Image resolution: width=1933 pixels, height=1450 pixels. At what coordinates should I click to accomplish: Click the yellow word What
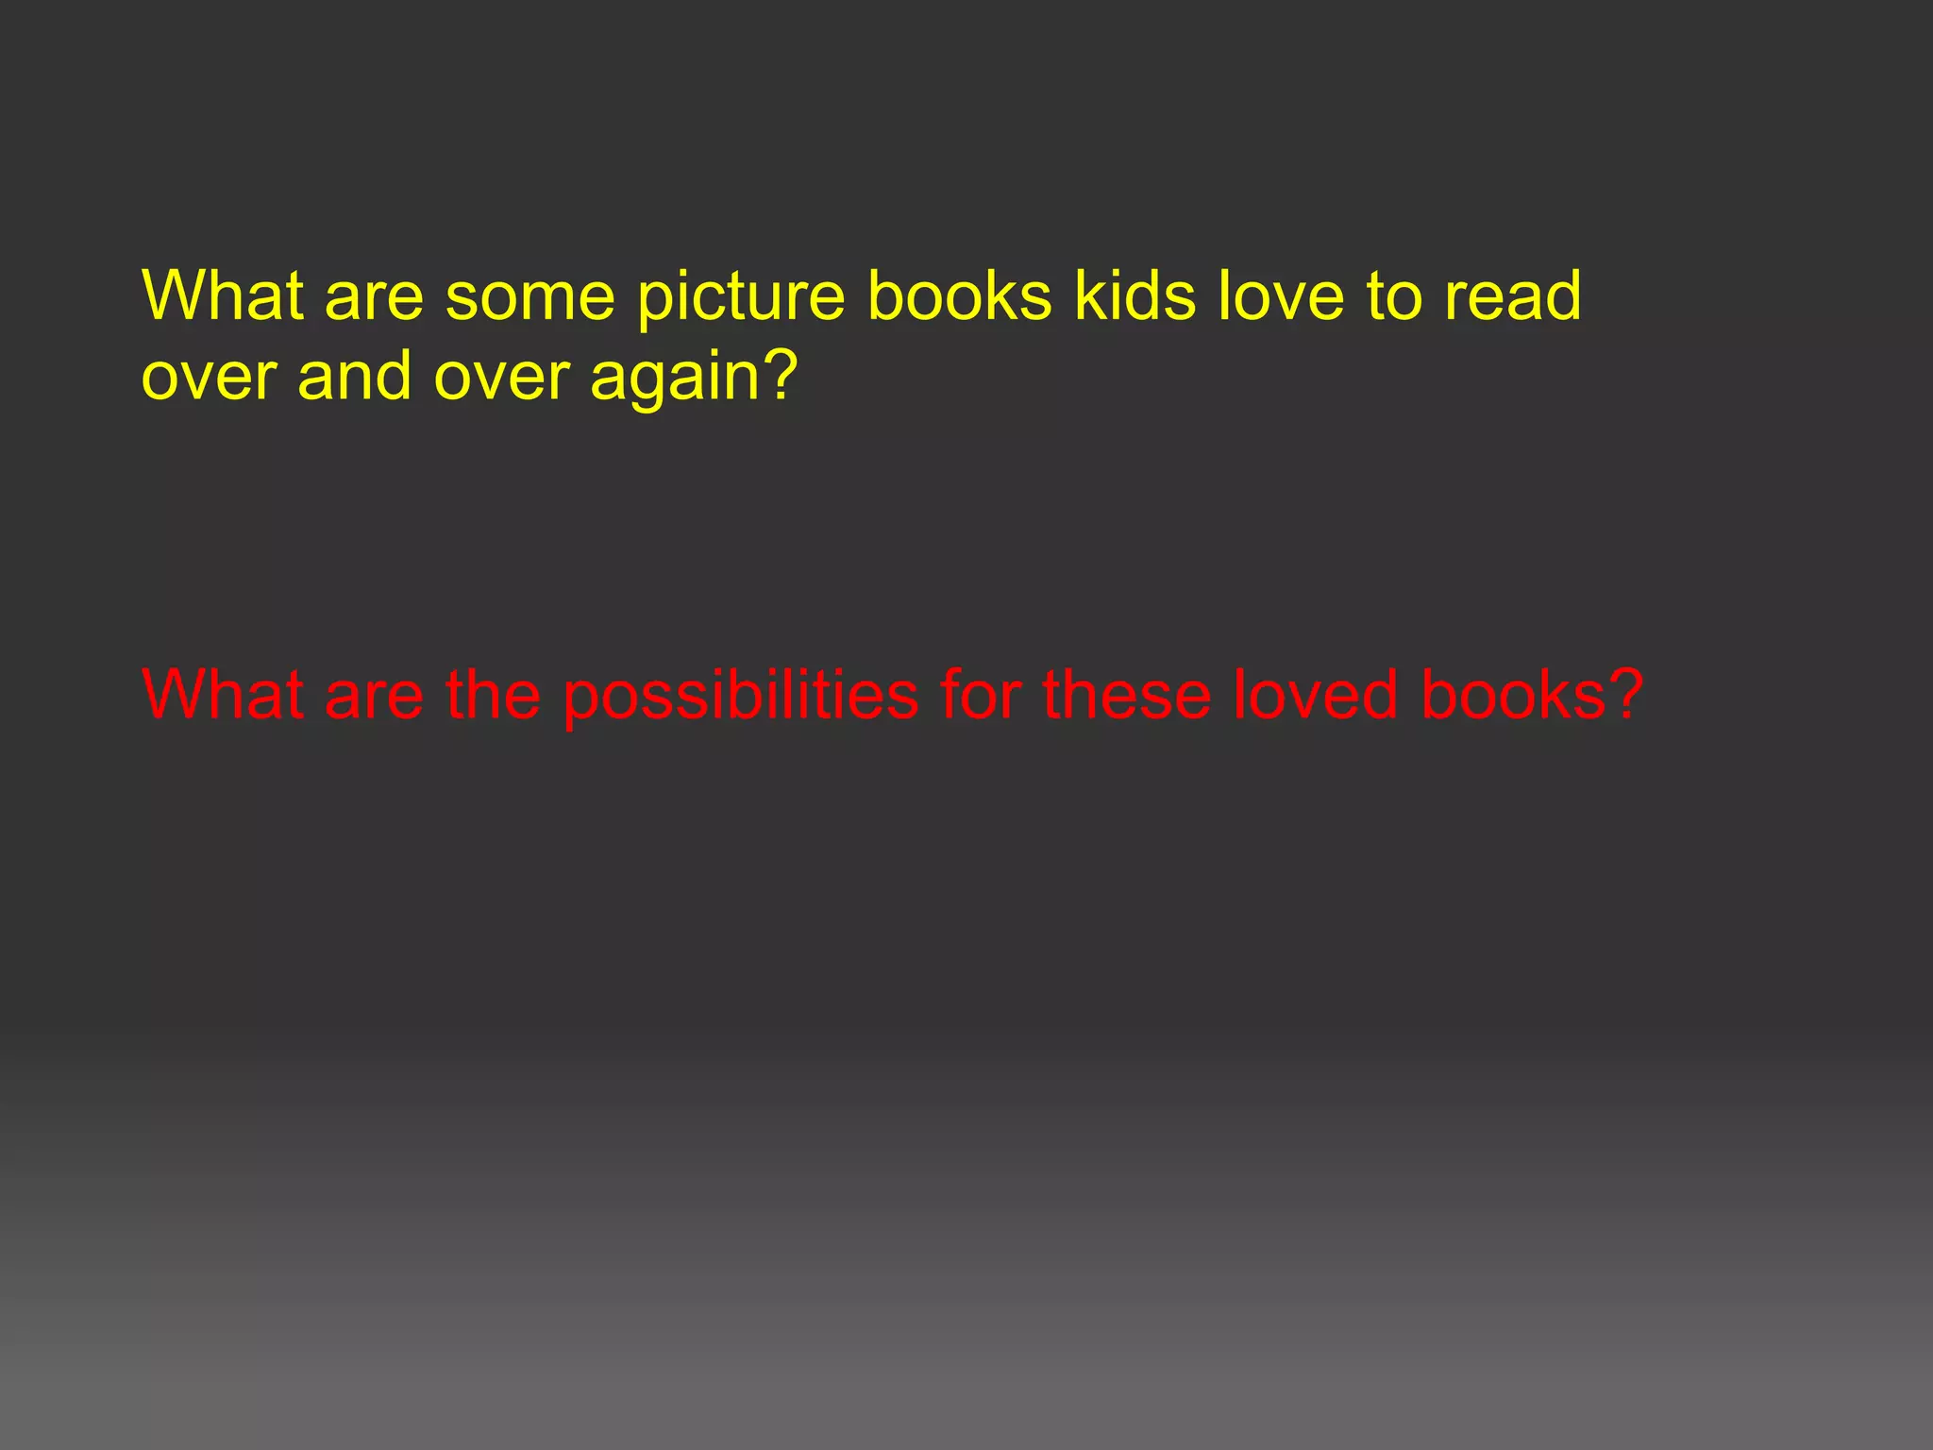(x=223, y=295)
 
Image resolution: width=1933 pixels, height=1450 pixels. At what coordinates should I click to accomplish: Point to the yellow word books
(x=959, y=295)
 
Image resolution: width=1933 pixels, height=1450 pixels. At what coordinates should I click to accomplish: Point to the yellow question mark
(x=780, y=375)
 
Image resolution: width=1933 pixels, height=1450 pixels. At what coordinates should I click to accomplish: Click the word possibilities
(x=741, y=697)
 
